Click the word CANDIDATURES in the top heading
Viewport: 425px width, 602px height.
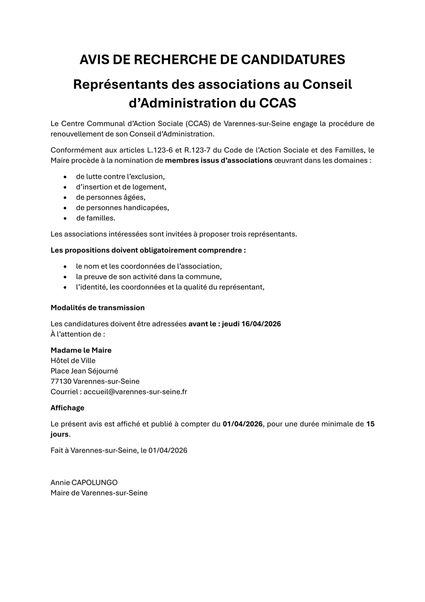[x=293, y=60]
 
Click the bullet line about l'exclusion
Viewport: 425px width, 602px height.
[x=120, y=176]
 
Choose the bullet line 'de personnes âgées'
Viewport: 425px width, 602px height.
[x=110, y=197]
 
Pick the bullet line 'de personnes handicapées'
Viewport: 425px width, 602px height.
[x=122, y=208]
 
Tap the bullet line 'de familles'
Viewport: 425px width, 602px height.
[x=95, y=218]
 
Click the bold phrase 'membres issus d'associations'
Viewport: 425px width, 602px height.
[x=219, y=160]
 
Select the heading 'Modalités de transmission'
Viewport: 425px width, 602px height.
[x=98, y=307]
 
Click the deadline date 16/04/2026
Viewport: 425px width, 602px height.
[x=261, y=324]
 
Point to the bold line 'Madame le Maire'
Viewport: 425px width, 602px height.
[x=81, y=350]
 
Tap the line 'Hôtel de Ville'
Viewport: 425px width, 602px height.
[x=73, y=361]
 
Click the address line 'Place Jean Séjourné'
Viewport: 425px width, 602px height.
[x=85, y=371]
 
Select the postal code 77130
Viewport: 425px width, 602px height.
[x=61, y=382]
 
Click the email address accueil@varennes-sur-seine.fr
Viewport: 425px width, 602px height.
[x=136, y=392]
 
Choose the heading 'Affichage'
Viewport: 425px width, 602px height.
[x=68, y=408]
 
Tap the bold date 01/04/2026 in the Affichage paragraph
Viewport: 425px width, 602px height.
[x=243, y=424]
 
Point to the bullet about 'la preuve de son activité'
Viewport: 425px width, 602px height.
[x=149, y=277]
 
